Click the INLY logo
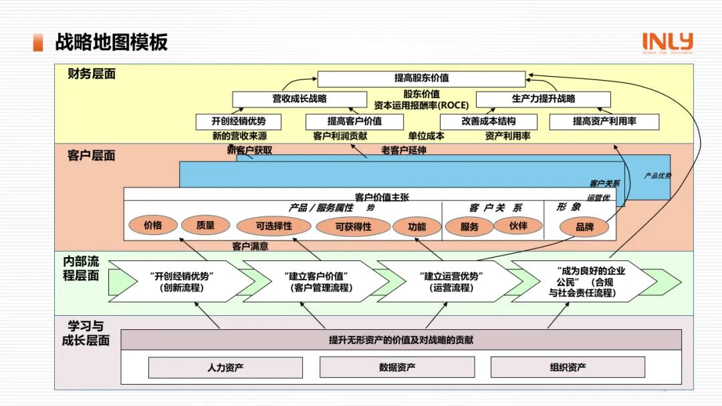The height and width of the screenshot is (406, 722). (667, 42)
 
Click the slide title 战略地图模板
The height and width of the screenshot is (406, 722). (111, 42)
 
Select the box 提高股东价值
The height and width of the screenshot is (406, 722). (421, 79)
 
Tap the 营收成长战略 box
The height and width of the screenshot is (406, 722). (299, 99)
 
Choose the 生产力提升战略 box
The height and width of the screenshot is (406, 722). (543, 99)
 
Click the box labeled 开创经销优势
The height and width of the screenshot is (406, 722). (238, 122)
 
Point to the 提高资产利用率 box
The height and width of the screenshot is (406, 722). (604, 122)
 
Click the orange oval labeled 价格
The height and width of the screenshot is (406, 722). (152, 226)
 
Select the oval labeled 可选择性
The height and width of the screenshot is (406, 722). (273, 226)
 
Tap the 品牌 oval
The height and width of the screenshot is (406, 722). (584, 227)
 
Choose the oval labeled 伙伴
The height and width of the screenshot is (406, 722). (517, 226)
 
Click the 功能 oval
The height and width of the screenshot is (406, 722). (416, 226)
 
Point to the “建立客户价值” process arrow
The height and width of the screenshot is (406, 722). (317, 281)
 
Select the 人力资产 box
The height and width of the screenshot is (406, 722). (225, 367)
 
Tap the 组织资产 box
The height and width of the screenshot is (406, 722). (568, 367)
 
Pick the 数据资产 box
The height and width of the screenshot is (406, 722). (397, 367)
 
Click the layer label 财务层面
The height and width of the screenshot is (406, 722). (92, 74)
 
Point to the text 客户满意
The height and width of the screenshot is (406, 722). (250, 246)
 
